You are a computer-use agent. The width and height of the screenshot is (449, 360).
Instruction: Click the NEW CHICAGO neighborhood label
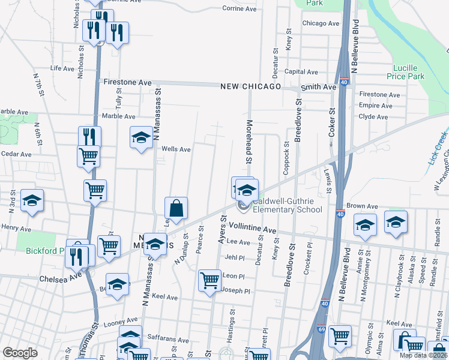click(250, 87)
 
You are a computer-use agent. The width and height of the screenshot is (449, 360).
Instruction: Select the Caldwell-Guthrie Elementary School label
click(287, 206)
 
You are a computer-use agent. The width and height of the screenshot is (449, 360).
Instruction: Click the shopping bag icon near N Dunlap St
click(176, 209)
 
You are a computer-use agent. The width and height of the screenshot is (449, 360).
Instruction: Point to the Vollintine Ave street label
click(252, 230)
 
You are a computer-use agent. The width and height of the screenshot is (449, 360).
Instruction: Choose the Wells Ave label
click(176, 149)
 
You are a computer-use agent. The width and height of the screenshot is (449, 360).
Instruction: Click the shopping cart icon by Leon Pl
click(209, 280)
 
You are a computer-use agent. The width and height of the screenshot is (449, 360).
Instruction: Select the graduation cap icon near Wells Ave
click(141, 137)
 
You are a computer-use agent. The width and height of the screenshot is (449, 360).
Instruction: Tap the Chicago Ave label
click(321, 23)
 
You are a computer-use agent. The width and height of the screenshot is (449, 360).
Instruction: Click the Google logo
click(20, 353)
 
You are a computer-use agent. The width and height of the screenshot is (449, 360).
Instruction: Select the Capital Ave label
click(301, 71)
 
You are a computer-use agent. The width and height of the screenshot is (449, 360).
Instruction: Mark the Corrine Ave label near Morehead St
click(239, 8)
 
